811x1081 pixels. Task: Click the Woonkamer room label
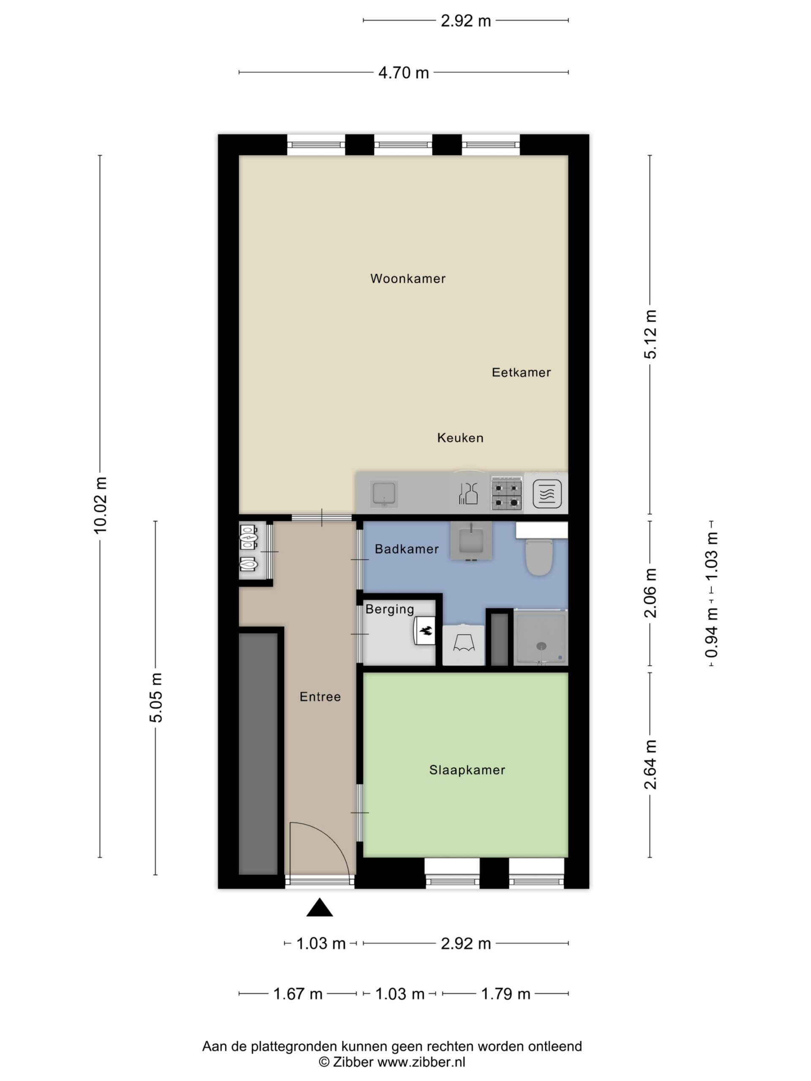408,279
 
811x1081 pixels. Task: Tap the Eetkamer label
521,372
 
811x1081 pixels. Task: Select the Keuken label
460,438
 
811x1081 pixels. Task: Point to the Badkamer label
407,549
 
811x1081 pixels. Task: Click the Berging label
389,609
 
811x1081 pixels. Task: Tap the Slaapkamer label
467,770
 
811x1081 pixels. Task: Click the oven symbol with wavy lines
547,494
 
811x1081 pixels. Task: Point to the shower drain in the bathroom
541,646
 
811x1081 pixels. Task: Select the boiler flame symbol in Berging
425,631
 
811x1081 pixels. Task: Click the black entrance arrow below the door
320,907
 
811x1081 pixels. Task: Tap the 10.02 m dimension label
100,505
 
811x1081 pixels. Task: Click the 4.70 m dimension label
403,73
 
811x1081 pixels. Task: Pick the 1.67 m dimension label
298,994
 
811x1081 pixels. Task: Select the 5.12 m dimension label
650,334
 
